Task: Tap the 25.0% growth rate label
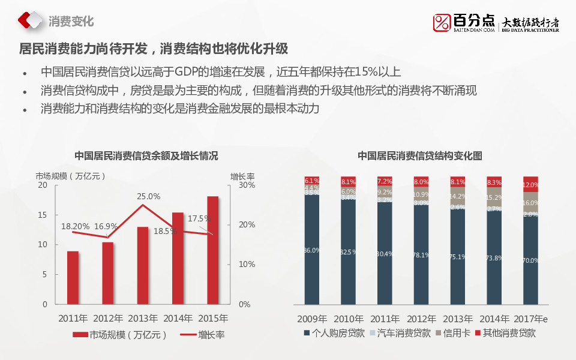148,196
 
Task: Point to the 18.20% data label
76,226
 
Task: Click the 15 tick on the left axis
42,215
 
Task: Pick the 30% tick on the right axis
247,185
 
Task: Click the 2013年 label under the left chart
142,318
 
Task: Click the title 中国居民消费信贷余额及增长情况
146,155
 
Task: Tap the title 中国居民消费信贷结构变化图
420,155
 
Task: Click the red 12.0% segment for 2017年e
530,184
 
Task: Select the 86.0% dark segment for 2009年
311,250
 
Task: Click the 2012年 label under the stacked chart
421,318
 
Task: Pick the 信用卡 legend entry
456,332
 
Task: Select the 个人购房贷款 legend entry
338,332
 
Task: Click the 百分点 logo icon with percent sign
442,22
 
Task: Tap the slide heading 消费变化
71,21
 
